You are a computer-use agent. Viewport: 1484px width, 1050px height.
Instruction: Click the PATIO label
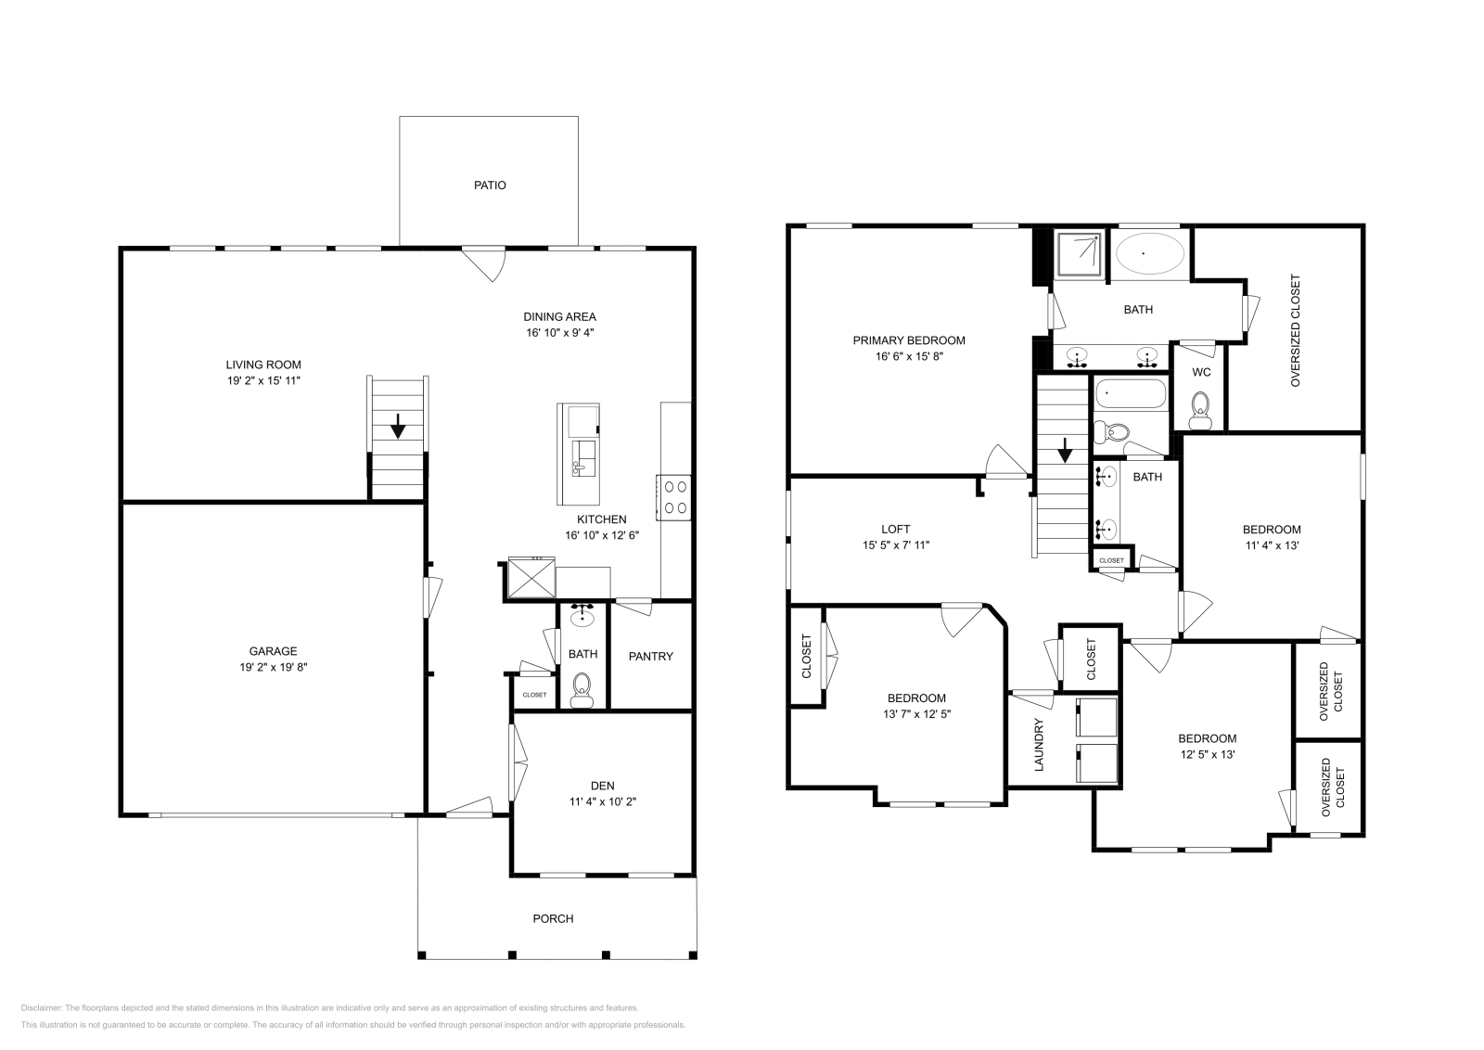click(490, 186)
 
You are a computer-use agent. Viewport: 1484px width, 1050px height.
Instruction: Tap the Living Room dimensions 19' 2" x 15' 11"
click(263, 380)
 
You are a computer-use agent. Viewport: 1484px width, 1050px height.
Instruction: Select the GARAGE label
click(273, 651)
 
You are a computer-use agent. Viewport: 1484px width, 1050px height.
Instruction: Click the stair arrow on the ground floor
click(398, 428)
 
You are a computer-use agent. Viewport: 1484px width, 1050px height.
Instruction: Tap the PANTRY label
click(650, 657)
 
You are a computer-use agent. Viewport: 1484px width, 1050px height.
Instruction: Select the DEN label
click(602, 786)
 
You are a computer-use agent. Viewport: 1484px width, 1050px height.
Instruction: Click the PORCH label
click(553, 919)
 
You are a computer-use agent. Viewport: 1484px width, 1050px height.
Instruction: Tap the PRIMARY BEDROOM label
click(909, 340)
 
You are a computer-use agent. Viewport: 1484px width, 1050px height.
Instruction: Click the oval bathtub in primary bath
click(1149, 252)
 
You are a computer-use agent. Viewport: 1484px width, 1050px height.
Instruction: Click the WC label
click(1201, 373)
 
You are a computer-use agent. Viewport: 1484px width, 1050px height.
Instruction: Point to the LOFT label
click(895, 530)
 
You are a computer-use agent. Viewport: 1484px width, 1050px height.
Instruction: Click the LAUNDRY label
click(1039, 745)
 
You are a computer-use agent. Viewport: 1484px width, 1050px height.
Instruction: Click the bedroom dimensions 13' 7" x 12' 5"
click(916, 714)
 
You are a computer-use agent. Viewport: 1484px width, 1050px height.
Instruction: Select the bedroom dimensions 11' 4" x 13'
click(1272, 545)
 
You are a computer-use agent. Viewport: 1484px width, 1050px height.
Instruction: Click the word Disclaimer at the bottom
click(40, 1007)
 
